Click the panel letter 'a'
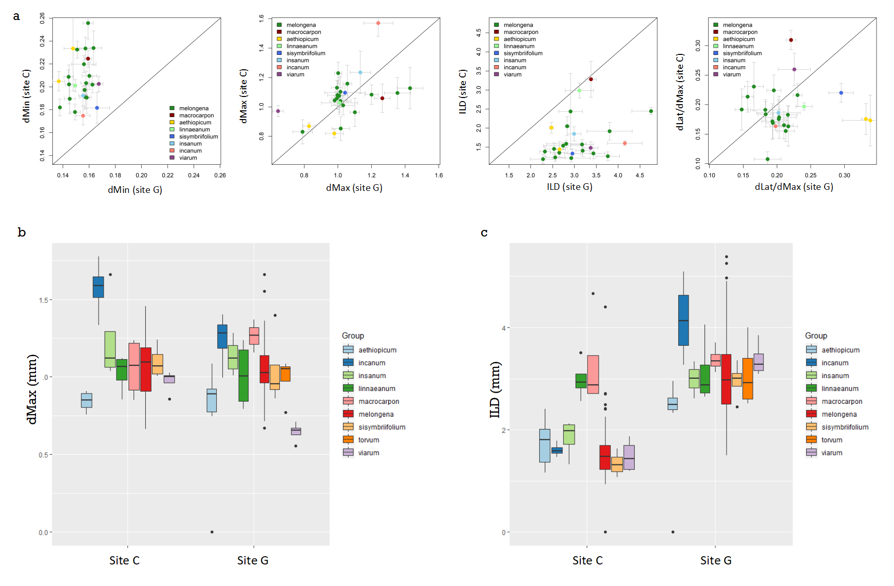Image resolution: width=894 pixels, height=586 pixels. pos(16,16)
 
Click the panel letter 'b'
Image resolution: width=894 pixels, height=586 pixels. pos(22,232)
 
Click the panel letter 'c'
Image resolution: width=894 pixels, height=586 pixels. pos(484,232)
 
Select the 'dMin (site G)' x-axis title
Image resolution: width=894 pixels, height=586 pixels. pos(135,190)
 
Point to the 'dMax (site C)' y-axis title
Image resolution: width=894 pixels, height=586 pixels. pos(244,96)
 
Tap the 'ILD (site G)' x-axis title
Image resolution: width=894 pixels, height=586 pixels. pos(569,187)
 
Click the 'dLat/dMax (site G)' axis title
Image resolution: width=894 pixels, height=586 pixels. pos(794,187)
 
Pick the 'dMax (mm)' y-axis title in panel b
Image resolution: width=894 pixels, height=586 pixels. pos(32,389)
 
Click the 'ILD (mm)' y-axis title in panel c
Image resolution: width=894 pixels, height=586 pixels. pos(495,389)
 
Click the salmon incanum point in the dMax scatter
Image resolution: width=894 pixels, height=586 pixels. pos(378,23)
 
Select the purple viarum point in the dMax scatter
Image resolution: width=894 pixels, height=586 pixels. pos(278,111)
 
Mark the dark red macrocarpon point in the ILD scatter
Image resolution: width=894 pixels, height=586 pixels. pos(591,79)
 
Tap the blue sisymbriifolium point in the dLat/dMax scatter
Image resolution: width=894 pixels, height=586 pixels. pos(841,93)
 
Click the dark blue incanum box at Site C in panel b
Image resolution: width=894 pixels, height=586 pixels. pos(98,287)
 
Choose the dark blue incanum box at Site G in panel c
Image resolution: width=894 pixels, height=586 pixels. pos(683,320)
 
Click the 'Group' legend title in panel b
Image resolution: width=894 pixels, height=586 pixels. pos(353,336)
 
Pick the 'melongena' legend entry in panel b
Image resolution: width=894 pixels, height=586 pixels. pos(376,414)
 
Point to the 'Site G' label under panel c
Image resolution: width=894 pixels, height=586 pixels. pos(716,560)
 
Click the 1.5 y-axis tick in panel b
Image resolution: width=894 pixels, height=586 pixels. pos(44,300)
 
